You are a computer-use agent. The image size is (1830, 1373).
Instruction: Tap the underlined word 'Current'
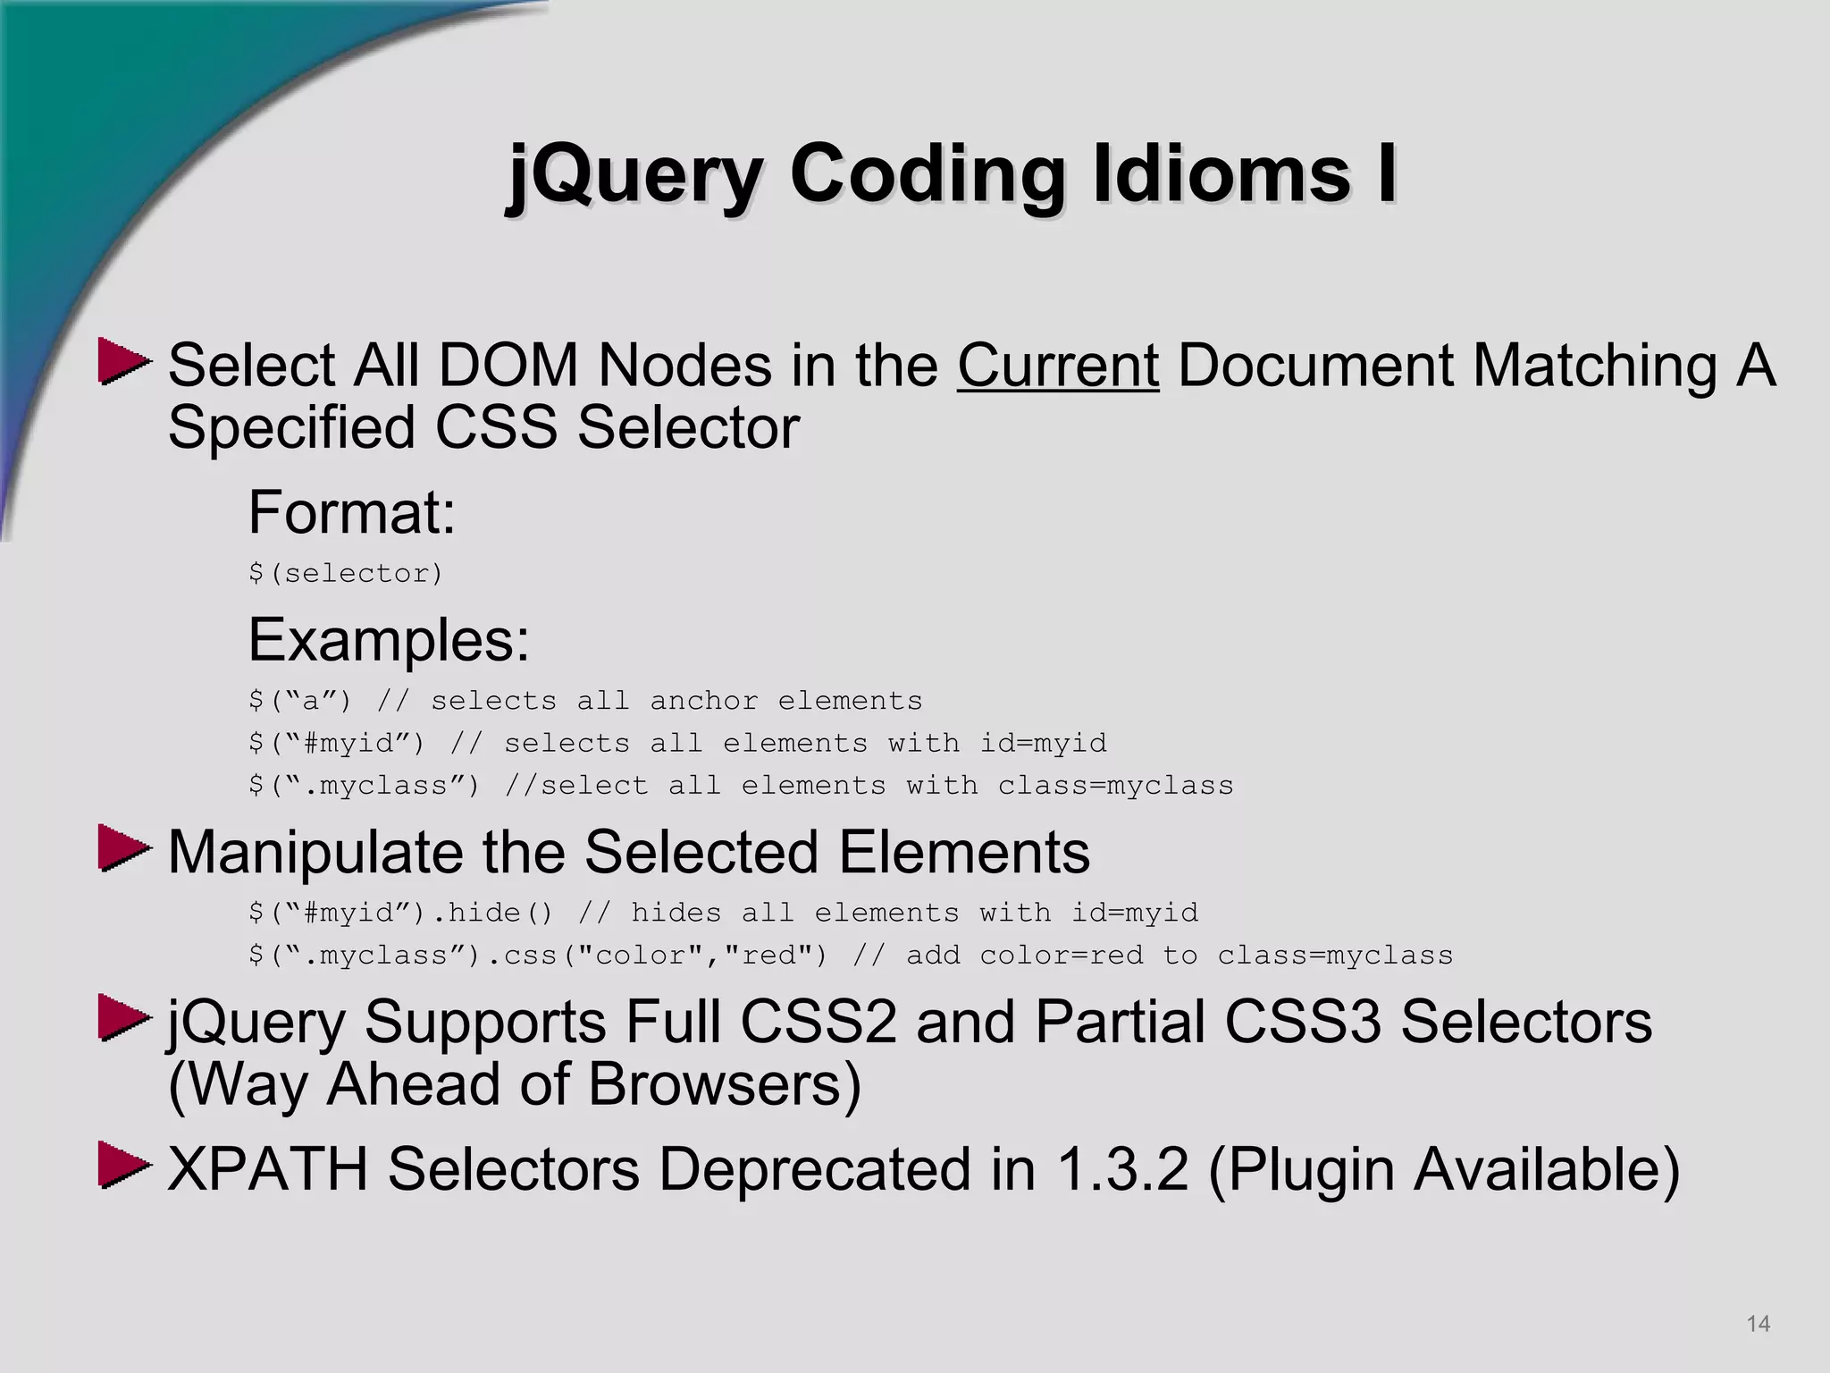(x=1058, y=366)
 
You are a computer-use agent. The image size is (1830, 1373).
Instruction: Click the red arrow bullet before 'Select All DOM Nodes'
(x=123, y=361)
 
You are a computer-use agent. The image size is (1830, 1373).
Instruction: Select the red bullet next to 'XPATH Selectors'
(x=123, y=1165)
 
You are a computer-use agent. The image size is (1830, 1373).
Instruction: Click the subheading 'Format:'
(x=352, y=512)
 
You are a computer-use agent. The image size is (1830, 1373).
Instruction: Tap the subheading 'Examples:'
(x=389, y=640)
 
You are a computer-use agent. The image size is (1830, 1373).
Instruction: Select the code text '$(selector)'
(x=346, y=573)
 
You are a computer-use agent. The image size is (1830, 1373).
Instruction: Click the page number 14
(x=1758, y=1324)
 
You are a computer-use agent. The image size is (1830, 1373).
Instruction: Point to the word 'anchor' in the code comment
(x=703, y=701)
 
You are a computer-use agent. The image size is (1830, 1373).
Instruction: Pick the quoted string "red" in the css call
(x=775, y=956)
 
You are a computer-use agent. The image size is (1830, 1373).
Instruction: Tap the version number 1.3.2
(x=1122, y=1168)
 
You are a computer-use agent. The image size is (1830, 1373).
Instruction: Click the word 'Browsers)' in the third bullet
(x=725, y=1084)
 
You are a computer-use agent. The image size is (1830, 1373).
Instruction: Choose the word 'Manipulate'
(x=315, y=852)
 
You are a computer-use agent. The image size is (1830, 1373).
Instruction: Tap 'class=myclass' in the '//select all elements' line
(x=1115, y=786)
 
